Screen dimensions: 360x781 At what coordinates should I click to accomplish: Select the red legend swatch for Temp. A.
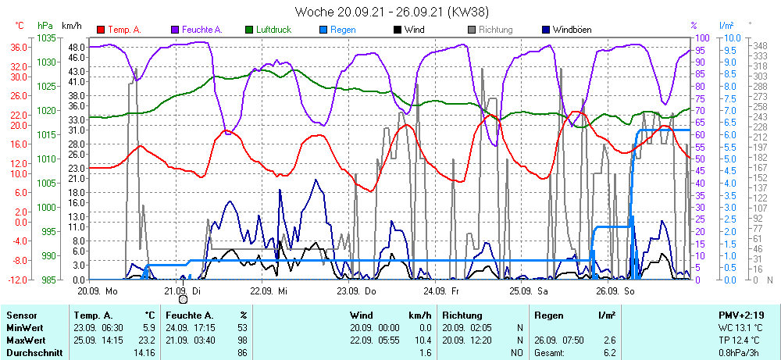click(x=102, y=30)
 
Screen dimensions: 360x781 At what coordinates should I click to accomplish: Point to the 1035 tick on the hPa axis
click(x=47, y=37)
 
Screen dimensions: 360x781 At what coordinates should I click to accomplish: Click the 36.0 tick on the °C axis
click(x=20, y=47)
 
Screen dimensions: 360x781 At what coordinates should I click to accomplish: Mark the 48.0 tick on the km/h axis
click(x=76, y=47)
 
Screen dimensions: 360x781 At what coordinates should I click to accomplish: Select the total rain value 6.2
click(x=608, y=352)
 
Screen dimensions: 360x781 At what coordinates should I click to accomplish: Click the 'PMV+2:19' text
click(x=744, y=315)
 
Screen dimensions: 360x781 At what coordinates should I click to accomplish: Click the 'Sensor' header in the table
click(x=22, y=315)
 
